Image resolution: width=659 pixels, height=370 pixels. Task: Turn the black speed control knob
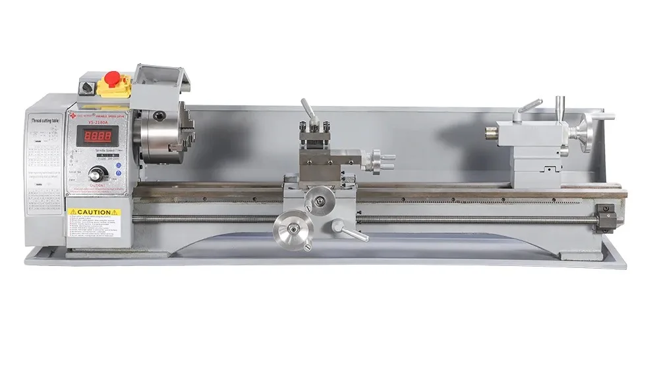[99, 174]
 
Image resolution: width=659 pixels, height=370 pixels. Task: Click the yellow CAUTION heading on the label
[94, 212]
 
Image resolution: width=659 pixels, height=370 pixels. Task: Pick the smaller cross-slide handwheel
[322, 199]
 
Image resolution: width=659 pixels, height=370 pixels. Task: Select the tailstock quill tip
[492, 132]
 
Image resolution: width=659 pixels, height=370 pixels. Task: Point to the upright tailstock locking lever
[560, 105]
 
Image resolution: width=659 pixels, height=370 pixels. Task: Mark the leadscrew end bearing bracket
[605, 217]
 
